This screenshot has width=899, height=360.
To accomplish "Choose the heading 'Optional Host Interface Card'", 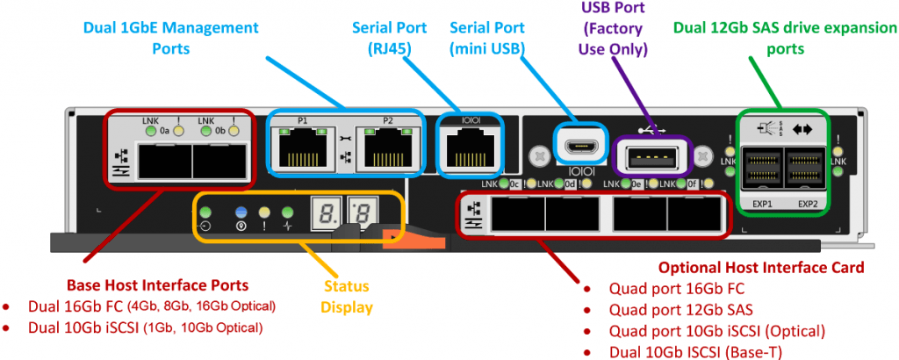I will (761, 266).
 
